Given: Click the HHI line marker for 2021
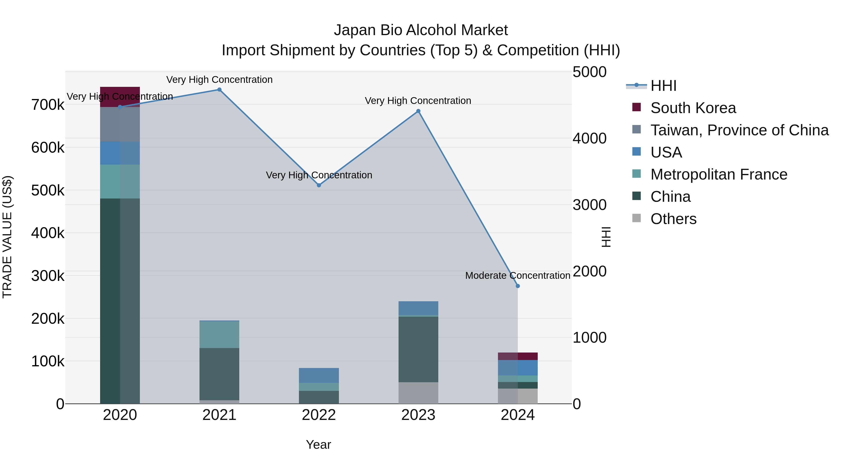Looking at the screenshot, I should coord(219,90).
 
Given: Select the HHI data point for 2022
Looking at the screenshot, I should coord(319,185).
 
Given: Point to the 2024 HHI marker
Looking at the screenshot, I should coord(518,286).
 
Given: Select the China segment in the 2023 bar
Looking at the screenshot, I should coord(418,349).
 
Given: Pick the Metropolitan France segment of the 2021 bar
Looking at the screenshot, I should coord(219,335).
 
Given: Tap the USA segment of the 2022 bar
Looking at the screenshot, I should coord(319,375).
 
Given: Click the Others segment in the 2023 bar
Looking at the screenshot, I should coord(418,393).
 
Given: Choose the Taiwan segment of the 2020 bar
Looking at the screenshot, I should coord(120,124).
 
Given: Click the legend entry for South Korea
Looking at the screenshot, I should coord(693,108).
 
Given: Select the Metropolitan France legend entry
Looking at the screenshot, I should coord(719,174).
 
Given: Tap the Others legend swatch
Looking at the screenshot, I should coord(636,218).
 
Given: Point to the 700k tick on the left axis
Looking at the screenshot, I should coord(48,105).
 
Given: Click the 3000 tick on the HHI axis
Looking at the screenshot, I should coord(589,205).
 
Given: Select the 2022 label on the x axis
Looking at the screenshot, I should coord(319,415).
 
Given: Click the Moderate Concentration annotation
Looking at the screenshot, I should coord(518,276).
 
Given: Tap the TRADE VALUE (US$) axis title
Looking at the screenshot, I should coord(7,237).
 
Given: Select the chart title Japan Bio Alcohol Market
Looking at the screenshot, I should coord(421,30).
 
